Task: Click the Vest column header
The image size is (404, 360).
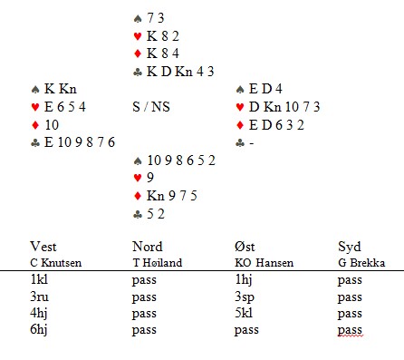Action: click(43, 247)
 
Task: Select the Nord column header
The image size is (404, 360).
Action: click(148, 247)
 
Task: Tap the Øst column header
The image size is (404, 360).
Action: click(245, 247)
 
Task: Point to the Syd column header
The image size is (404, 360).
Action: click(350, 248)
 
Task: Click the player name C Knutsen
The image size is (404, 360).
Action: click(56, 263)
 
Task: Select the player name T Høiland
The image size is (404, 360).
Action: click(158, 263)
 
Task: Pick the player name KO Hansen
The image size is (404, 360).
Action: click(265, 263)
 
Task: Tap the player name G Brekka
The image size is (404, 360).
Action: click(361, 263)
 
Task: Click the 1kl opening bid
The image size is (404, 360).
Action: click(39, 279)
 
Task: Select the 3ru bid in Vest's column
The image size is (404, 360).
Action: click(39, 297)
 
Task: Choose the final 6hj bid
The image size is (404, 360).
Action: click(39, 330)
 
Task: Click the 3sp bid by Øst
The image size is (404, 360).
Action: click(245, 297)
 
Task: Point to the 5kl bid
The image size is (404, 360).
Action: click(244, 313)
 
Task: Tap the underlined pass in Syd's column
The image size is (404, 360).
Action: click(350, 330)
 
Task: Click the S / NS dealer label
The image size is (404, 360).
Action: click(151, 107)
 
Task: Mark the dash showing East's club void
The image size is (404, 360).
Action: click(252, 143)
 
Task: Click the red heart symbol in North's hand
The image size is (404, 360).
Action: click(138, 36)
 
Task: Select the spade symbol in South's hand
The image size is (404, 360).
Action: click(138, 161)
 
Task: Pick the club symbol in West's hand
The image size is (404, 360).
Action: click(35, 143)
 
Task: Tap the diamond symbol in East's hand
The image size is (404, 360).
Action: click(240, 125)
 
